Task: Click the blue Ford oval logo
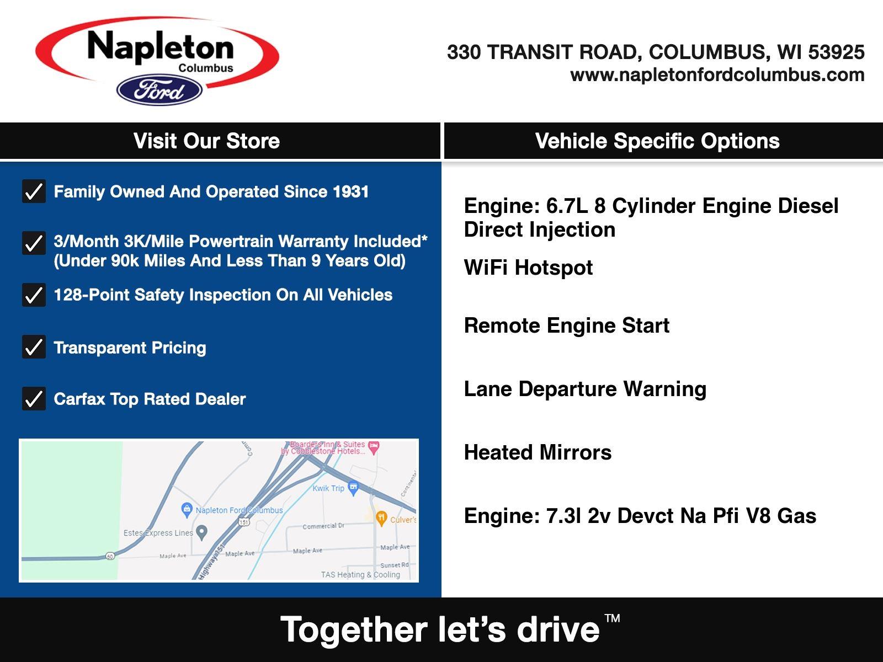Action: point(159,89)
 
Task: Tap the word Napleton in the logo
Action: point(161,47)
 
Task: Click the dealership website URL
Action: point(717,75)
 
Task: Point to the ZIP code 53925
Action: point(836,52)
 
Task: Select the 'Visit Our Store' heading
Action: point(206,141)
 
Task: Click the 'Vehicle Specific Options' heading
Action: point(657,141)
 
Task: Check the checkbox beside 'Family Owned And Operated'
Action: point(34,191)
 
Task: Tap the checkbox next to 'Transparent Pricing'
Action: point(34,346)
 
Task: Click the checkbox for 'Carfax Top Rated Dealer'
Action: point(34,398)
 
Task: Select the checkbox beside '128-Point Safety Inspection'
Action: point(34,295)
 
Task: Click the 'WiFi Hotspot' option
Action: point(528,268)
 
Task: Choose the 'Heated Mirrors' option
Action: point(538,452)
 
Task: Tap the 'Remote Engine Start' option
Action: point(566,325)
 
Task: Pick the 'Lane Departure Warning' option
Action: point(585,389)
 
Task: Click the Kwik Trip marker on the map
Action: point(353,488)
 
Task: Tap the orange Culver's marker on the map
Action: point(381,518)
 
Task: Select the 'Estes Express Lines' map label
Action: point(158,533)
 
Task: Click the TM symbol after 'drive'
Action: point(612,618)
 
